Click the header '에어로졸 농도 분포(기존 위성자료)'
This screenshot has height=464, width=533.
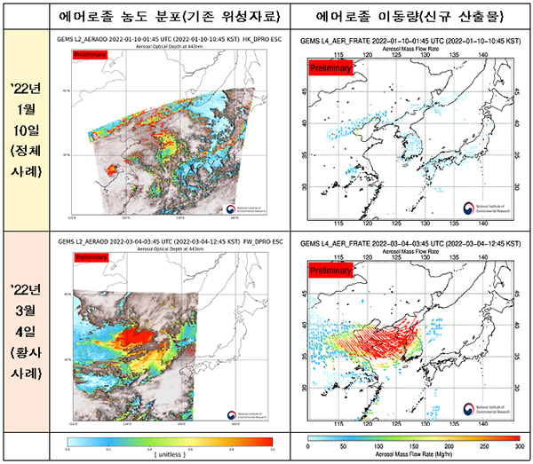click(x=169, y=15)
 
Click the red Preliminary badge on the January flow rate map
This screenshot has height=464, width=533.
click(x=331, y=68)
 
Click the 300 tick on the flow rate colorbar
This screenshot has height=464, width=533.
click(x=519, y=447)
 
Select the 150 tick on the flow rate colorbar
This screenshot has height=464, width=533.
click(x=413, y=447)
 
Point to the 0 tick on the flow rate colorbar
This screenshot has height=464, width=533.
click(x=307, y=447)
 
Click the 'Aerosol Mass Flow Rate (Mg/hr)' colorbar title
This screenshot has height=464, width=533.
click(x=413, y=456)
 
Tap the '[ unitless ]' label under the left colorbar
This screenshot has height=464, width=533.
click(x=169, y=453)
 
